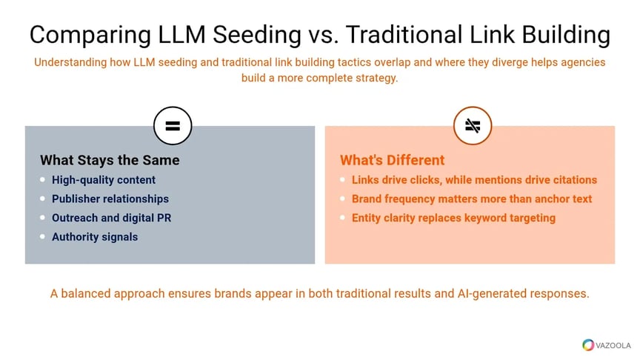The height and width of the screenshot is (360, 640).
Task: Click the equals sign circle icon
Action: pyautogui.click(x=173, y=126)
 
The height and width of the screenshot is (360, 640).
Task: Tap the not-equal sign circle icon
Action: pyautogui.click(x=473, y=126)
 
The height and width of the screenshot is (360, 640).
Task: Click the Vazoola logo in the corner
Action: pyautogui.click(x=606, y=344)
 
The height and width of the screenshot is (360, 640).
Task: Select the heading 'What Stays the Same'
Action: pyautogui.click(x=110, y=160)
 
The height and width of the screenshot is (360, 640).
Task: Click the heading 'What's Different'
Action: pyautogui.click(x=392, y=160)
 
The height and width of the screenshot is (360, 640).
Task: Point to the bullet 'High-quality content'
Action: pyautogui.click(x=104, y=179)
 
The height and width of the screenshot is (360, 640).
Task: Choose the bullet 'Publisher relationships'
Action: pyautogui.click(x=110, y=199)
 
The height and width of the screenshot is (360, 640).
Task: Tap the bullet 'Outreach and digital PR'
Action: pyautogui.click(x=112, y=218)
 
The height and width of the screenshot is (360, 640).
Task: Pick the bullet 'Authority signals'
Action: pyautogui.click(x=95, y=237)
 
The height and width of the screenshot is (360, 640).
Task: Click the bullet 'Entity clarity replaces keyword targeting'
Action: pyautogui.click(x=453, y=218)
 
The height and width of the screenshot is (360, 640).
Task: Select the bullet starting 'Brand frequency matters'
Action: pyautogui.click(x=472, y=199)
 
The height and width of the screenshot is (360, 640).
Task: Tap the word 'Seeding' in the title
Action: pyautogui.click(x=253, y=35)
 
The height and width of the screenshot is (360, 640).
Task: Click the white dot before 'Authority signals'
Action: pyautogui.click(x=43, y=237)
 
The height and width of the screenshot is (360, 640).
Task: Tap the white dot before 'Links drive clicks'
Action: pyautogui.click(x=342, y=179)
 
